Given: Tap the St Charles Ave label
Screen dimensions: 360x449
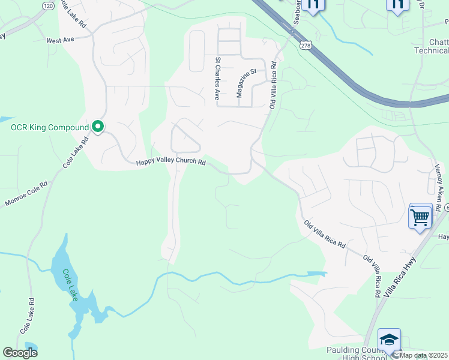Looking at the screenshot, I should [217, 79].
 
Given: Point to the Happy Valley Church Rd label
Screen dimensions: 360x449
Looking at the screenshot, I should [170, 162].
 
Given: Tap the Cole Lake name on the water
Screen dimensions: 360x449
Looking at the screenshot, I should [70, 285].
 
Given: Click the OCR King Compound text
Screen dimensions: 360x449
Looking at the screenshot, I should [49, 127].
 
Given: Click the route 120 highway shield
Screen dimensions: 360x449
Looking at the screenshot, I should [48, 5].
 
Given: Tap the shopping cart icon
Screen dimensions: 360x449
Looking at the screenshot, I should [420, 217].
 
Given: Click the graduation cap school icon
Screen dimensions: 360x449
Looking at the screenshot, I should [389, 340].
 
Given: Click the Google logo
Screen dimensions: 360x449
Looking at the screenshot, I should [20, 352].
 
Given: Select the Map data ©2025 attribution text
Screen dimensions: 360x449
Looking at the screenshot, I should [424, 355].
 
